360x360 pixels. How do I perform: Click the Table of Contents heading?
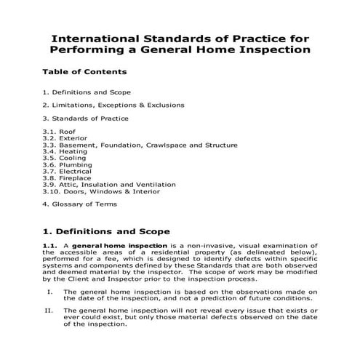tap(84, 72)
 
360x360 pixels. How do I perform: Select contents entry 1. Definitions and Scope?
tap(87, 93)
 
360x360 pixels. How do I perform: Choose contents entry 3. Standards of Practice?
tap(85, 118)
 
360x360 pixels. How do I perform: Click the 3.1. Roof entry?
tap(59, 131)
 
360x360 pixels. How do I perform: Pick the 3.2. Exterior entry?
tap(64, 137)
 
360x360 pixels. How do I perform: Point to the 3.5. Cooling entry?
tap(64, 158)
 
